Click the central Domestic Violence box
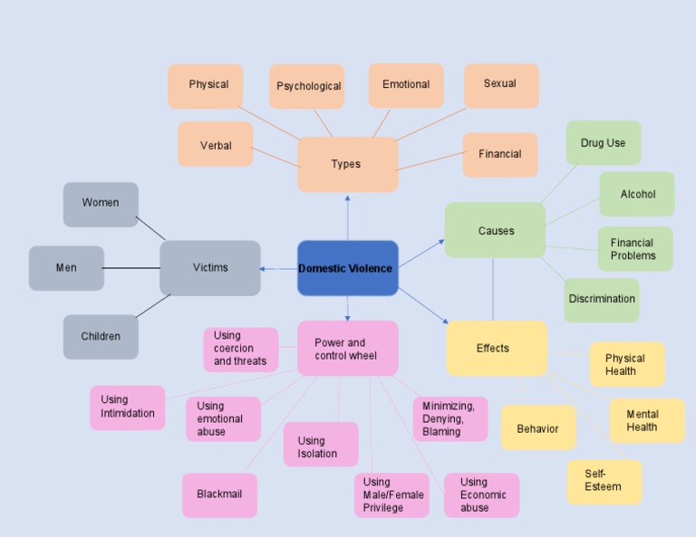[x=347, y=268]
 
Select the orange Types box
[x=347, y=165]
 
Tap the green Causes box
[x=495, y=230]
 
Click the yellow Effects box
[x=496, y=348]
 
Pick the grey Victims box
[x=210, y=268]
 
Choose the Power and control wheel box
[x=347, y=349]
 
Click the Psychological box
[x=307, y=87]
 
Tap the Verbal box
[x=215, y=145]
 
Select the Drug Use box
[x=603, y=143]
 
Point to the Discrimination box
[x=601, y=299]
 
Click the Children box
[x=101, y=337]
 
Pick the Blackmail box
[x=219, y=495]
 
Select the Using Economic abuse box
[x=481, y=495]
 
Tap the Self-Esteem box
[x=604, y=481]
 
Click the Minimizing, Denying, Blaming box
[x=449, y=418]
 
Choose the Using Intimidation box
[x=127, y=407]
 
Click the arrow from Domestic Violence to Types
[x=347, y=217]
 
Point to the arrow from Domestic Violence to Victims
[x=279, y=268]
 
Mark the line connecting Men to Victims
[x=131, y=268]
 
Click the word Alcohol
[x=637, y=195]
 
